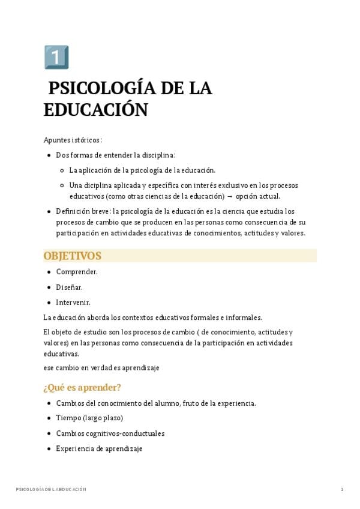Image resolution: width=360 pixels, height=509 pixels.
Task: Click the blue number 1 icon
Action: (56, 57)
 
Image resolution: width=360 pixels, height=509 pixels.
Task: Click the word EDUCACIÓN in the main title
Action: (95, 110)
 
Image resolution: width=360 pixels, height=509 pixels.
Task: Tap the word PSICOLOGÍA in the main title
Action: (96, 88)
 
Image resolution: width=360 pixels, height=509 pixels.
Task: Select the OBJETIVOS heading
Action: (73, 256)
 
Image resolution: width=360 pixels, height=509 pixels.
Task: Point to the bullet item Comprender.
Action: (77, 272)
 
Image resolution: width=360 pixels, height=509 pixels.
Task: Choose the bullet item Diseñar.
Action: (69, 287)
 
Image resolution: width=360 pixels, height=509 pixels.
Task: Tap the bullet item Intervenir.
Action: (73, 303)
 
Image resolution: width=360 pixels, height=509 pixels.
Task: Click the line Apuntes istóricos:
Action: (73, 140)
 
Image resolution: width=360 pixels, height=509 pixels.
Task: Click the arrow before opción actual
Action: (230, 196)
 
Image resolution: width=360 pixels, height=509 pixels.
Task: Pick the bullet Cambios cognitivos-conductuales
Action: (110, 433)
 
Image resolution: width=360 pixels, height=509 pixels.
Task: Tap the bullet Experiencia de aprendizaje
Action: (99, 448)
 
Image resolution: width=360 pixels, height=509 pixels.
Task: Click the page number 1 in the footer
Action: (341, 490)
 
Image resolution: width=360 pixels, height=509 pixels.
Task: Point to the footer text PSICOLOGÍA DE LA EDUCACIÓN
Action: (51, 490)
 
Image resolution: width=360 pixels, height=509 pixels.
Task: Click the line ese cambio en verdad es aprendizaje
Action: (101, 367)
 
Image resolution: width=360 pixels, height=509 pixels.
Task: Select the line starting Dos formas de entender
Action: (116, 155)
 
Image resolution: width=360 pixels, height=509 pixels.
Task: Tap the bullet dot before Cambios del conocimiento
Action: (49, 403)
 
